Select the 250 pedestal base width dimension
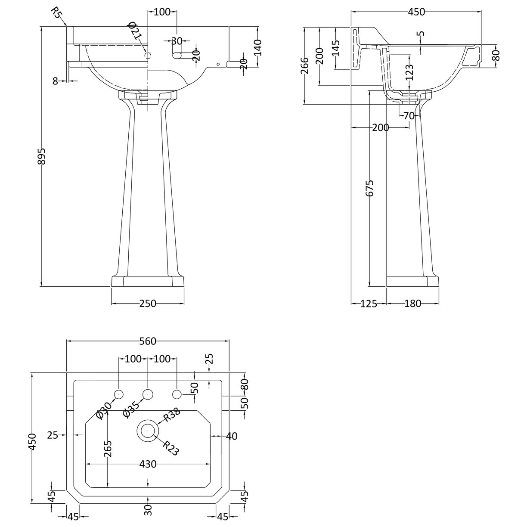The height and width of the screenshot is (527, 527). (x=147, y=304)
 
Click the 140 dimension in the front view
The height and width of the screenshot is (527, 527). (x=257, y=47)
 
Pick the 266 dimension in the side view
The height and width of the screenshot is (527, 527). (x=305, y=65)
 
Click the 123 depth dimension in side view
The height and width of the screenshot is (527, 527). (x=409, y=72)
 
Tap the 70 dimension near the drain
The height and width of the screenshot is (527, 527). (x=409, y=115)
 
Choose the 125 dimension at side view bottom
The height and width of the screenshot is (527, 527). (x=369, y=304)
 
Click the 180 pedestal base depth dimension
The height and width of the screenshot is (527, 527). (x=412, y=304)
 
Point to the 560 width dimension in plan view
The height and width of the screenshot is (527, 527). (x=147, y=341)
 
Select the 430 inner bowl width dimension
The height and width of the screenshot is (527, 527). (x=147, y=464)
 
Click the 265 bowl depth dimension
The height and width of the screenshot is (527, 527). (x=108, y=450)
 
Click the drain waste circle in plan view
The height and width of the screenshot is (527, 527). (x=148, y=430)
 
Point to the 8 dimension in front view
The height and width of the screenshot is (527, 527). (x=55, y=81)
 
